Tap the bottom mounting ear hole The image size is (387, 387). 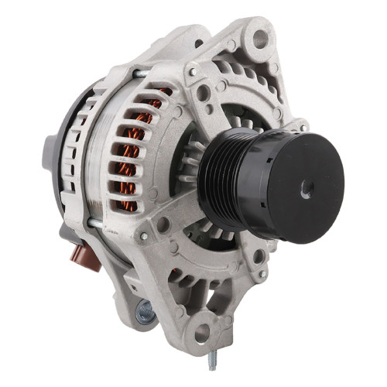(204, 334)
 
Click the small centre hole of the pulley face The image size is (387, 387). (305, 190)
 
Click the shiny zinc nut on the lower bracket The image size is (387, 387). (145, 312)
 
